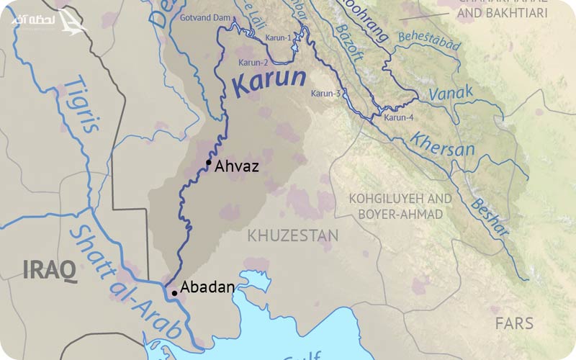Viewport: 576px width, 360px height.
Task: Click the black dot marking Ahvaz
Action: coord(208,163)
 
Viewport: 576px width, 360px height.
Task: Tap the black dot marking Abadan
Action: coord(174,293)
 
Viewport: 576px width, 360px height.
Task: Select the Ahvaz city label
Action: coord(236,166)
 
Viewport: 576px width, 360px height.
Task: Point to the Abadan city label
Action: coord(207,287)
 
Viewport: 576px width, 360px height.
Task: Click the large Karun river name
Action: coord(270,82)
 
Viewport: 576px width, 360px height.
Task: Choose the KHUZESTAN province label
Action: coord(292,235)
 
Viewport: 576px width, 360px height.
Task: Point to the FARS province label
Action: coord(513,323)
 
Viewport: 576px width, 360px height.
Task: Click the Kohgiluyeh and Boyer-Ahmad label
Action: coord(400,205)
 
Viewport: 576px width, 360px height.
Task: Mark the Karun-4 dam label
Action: coord(399,117)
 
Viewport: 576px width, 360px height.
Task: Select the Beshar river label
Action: coord(490,215)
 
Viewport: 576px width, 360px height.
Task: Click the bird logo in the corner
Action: coord(72,22)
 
